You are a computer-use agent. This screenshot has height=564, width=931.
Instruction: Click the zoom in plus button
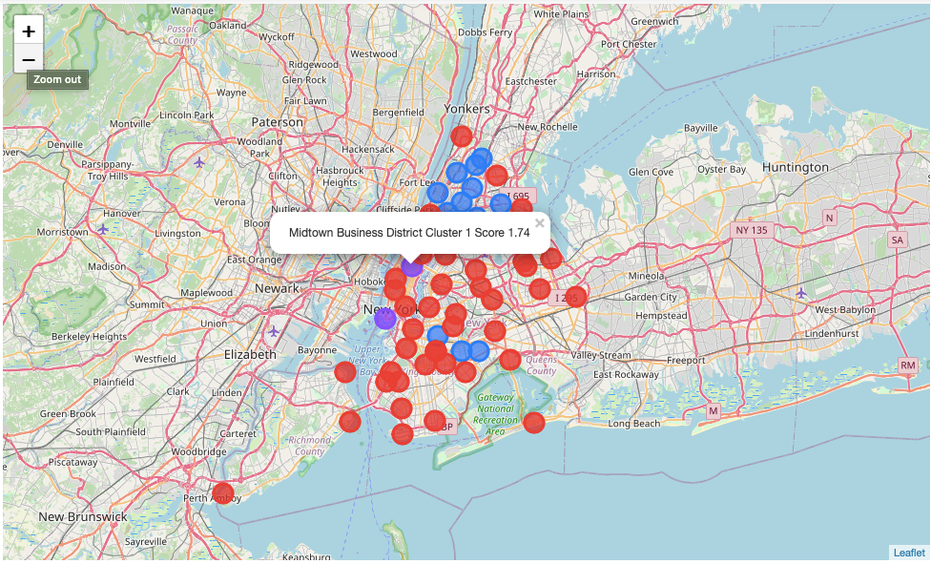[29, 31]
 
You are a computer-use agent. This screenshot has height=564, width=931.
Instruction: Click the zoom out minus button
[29, 60]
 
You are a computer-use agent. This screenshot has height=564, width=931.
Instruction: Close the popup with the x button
[539, 223]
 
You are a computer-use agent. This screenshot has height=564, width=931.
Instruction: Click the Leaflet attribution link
[908, 553]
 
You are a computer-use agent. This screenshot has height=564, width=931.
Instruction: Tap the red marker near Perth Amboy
[223, 493]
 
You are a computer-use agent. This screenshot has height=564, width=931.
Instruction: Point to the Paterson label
[278, 122]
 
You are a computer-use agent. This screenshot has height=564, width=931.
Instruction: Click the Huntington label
[796, 167]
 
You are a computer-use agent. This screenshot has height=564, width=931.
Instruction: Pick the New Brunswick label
[83, 516]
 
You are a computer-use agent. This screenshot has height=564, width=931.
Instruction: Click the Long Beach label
[634, 423]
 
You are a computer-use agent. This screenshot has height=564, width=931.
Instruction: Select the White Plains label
[561, 14]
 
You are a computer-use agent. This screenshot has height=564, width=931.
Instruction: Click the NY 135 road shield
[750, 230]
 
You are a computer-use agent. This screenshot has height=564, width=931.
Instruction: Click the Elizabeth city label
[250, 354]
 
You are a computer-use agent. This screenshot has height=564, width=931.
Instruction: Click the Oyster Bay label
[723, 169]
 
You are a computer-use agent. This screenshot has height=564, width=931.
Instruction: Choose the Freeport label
[687, 360]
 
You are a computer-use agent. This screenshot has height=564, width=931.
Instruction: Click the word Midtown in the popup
[311, 233]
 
